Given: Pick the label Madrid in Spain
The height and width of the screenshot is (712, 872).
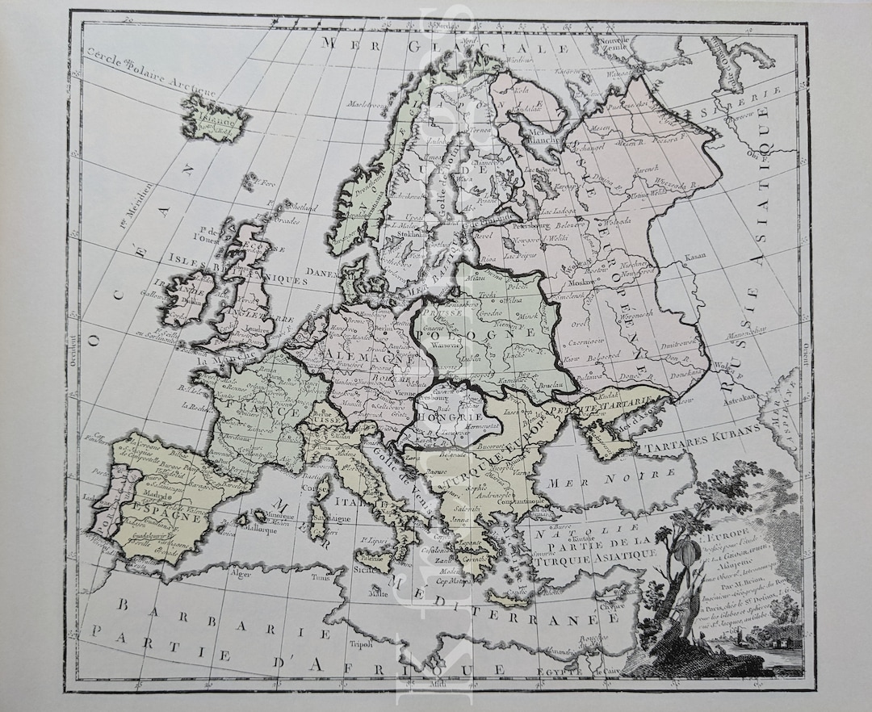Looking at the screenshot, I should click(147, 497).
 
